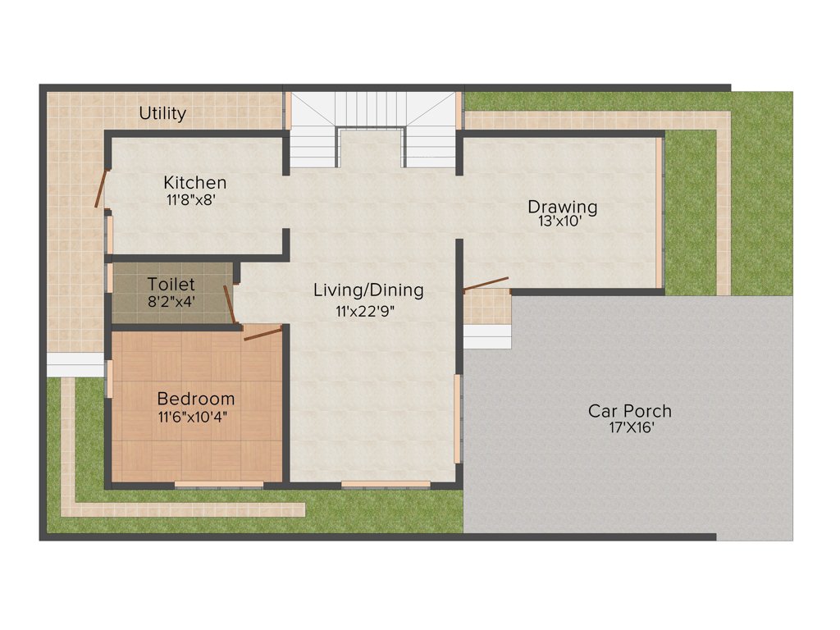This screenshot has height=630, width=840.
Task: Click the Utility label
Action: pos(162,113)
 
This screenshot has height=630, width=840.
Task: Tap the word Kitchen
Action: pos(194,182)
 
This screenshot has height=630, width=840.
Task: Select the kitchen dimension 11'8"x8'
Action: pos(190,199)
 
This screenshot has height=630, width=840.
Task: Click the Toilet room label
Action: pos(171,285)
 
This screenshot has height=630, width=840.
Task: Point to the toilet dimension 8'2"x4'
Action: pos(171,301)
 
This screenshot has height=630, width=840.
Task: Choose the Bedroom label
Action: pos(196,399)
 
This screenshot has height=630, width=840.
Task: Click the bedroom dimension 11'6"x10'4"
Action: pos(193,417)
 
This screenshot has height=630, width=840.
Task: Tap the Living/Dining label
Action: pos(368,290)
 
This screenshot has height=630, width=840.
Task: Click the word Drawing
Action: pos(562,206)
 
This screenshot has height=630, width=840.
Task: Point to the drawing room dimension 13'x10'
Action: pos(560,221)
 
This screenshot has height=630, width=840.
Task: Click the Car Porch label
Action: pos(630,410)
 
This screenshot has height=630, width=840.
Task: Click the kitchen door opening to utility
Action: pos(101,189)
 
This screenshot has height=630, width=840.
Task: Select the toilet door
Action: pos(231,305)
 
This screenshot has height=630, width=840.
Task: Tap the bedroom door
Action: pos(262,332)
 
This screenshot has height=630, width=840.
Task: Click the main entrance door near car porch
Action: pos(486,284)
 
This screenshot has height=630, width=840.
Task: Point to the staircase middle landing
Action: pos(371,148)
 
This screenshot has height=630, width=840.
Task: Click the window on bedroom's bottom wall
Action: pos(218,485)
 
